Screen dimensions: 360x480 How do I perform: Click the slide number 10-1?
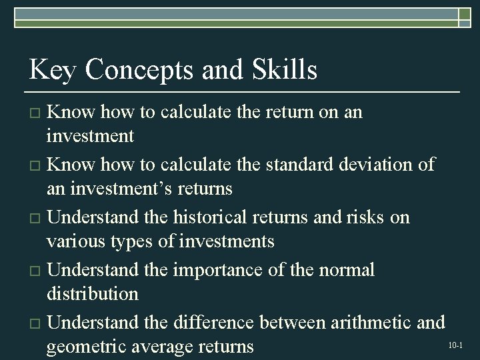[x=455, y=345]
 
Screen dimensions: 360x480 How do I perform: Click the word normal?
[x=344, y=270]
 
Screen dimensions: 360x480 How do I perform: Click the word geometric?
[x=87, y=347]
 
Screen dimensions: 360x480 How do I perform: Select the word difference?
[x=213, y=323]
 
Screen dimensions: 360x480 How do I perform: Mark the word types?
[x=131, y=241]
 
